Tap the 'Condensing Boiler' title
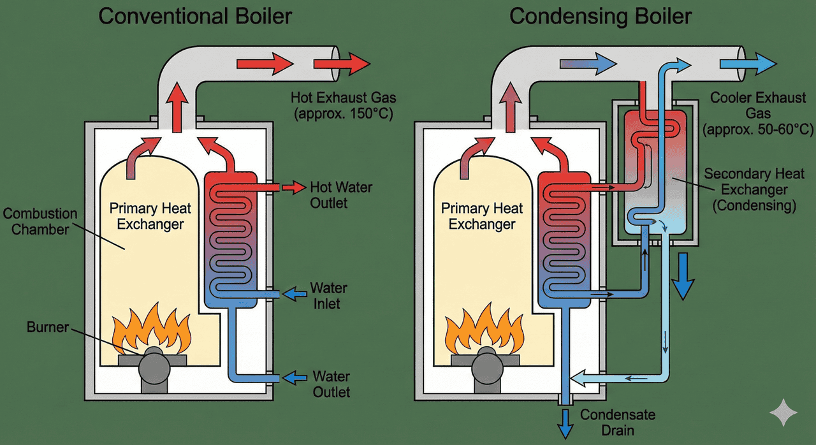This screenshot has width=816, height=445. tap(601, 16)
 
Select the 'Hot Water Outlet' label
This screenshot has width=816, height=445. tap(340, 195)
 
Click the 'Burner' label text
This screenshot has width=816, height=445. tap(47, 328)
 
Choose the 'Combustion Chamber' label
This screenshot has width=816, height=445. tap(40, 221)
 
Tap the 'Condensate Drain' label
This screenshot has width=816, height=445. tap(617, 423)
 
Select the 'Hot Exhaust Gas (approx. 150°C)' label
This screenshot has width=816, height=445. tap(344, 106)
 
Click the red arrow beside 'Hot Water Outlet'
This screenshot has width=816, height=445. tap(294, 187)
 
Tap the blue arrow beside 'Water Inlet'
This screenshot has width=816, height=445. tap(294, 294)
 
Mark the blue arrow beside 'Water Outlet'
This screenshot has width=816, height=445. tap(294, 377)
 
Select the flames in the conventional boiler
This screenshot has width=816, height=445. tap(150, 329)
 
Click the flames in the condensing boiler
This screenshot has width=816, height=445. tap(484, 329)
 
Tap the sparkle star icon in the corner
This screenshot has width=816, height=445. tap(783, 413)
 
